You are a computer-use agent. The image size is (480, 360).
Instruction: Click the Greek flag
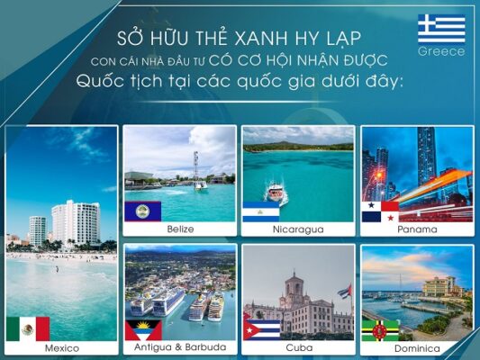point(441,29)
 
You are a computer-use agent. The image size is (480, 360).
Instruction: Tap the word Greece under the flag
point(441,51)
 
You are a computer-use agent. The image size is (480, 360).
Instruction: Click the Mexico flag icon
point(28,328)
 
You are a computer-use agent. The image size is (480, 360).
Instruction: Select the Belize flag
point(143,211)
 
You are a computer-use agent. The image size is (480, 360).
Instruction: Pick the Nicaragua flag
point(261,211)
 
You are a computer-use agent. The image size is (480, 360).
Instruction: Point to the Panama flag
point(380,211)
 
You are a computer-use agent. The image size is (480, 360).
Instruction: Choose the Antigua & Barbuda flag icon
point(143,330)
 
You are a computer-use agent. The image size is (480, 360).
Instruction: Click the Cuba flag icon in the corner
point(262,330)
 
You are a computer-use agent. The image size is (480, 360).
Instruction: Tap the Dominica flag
point(380,330)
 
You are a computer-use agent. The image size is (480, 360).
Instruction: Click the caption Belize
point(180,229)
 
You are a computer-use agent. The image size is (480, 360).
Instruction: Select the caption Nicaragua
point(298,229)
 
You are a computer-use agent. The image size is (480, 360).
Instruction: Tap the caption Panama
point(417,229)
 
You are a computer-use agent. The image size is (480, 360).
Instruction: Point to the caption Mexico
point(62,348)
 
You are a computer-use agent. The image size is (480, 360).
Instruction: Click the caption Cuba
point(299,347)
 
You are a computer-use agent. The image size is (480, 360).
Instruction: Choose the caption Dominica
point(417,348)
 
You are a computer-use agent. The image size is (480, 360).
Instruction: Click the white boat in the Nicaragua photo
point(276,192)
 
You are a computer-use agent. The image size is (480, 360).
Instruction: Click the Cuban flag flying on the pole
point(345,291)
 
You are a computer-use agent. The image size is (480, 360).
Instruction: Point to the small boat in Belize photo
point(201,185)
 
